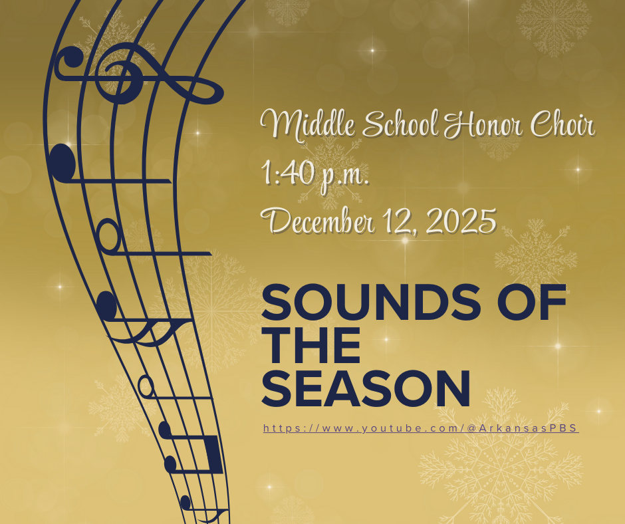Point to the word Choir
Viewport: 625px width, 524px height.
562,126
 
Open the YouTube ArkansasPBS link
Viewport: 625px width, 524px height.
421,428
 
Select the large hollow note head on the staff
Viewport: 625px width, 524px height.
108,233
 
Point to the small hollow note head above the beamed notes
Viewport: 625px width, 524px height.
145,385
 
